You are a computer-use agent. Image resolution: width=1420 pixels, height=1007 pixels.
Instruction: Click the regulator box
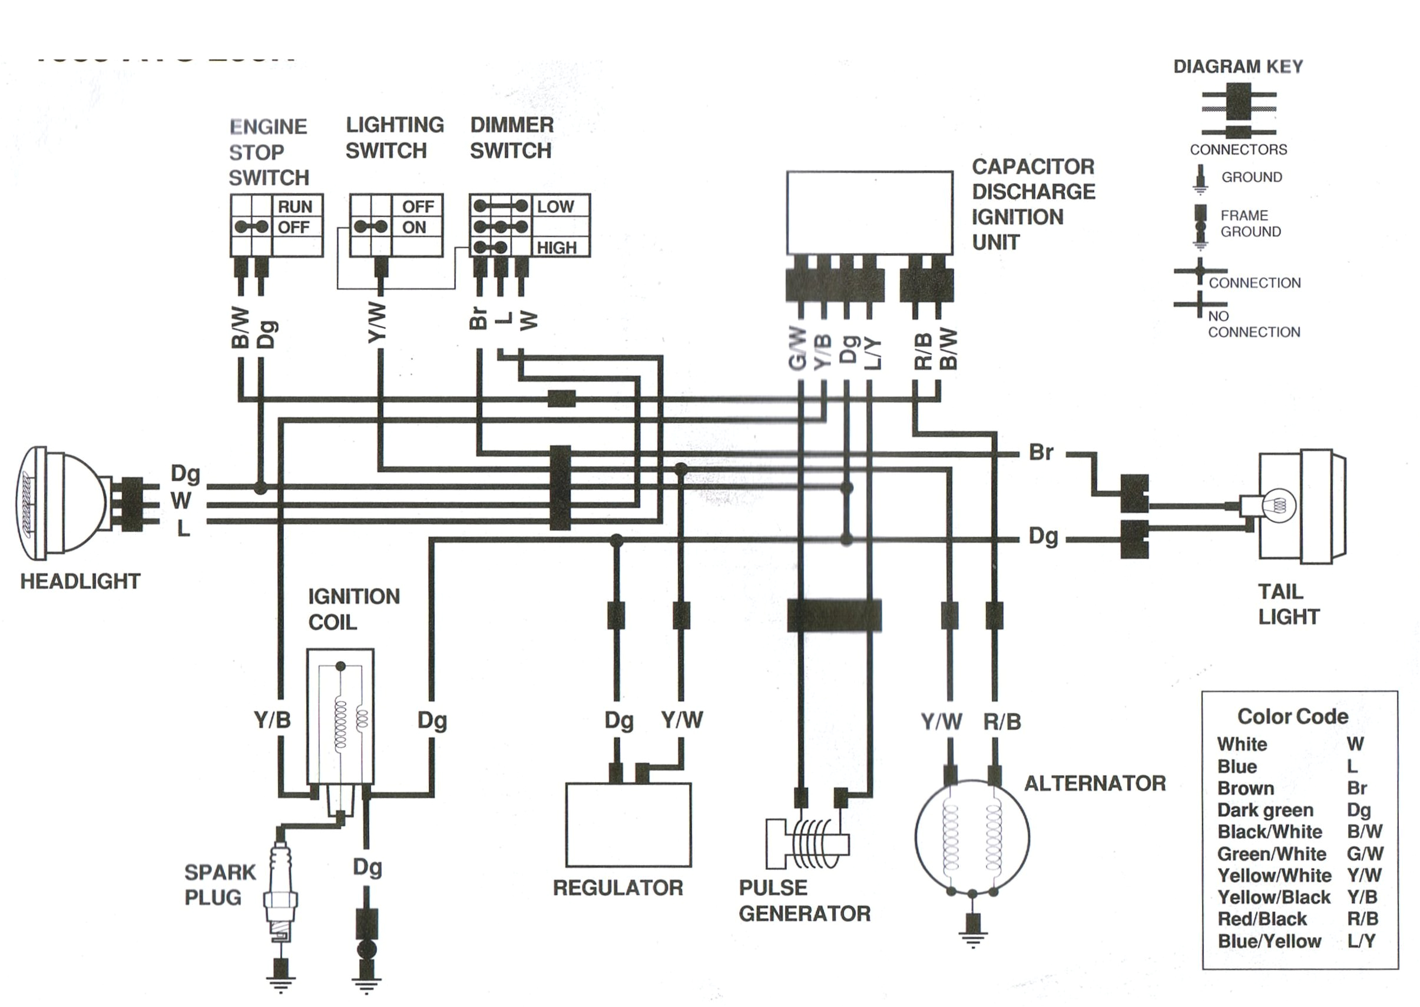(628, 825)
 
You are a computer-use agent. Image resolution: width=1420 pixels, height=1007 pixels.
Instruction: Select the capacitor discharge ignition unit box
(869, 212)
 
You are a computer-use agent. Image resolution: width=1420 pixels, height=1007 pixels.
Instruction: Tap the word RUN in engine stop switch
(294, 207)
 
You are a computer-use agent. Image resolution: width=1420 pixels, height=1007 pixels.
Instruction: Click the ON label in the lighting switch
(414, 228)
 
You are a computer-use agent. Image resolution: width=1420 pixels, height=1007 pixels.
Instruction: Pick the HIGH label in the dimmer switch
(557, 248)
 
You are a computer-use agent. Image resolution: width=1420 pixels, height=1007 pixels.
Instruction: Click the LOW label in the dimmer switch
(555, 207)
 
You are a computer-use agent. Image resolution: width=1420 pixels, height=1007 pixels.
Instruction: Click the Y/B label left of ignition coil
(272, 720)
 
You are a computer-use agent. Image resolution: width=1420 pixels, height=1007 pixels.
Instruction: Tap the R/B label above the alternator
(1002, 722)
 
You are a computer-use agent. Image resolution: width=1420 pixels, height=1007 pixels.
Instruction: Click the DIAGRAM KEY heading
(1237, 67)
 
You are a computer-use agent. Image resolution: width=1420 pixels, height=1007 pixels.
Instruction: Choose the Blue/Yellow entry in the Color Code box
(1269, 940)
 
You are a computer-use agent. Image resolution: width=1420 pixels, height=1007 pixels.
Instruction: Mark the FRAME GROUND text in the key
(1250, 223)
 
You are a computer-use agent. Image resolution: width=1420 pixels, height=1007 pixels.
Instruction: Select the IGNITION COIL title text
(353, 609)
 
